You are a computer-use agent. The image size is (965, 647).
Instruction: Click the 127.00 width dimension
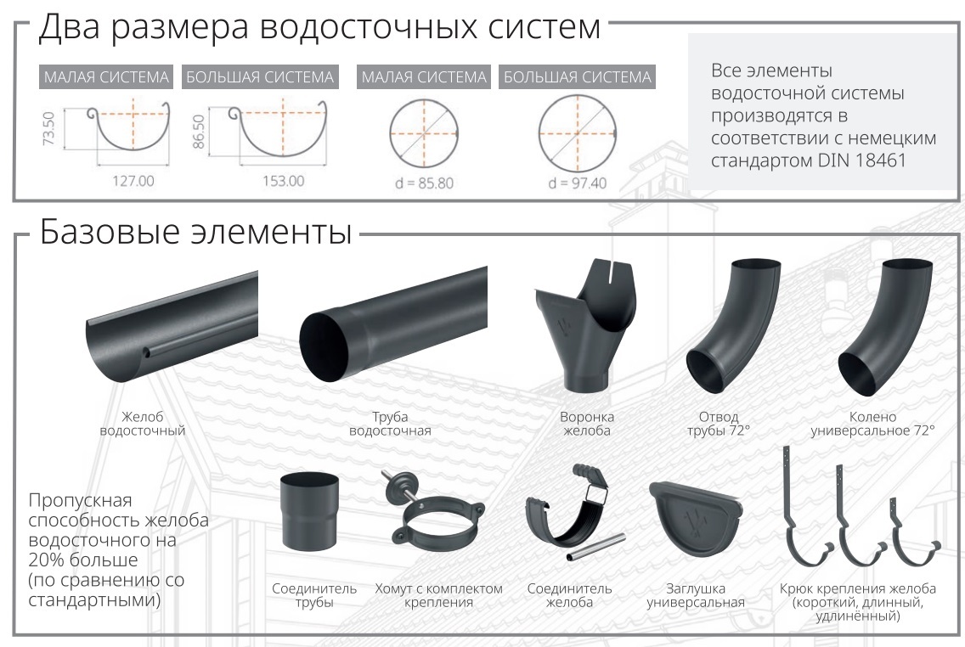133,181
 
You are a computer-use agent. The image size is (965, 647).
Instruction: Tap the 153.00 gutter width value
283,181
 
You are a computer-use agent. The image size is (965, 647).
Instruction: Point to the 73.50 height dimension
49,128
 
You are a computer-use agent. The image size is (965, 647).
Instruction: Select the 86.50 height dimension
198,131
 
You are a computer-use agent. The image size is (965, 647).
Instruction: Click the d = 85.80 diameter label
424,183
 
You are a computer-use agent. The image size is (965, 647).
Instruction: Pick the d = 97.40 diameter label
578,183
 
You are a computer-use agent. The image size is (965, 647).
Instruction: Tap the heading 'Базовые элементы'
195,232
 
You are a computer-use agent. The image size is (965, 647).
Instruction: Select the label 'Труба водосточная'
390,424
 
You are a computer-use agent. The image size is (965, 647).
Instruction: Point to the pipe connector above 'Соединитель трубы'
309,512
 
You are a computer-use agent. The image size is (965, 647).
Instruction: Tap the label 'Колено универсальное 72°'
872,424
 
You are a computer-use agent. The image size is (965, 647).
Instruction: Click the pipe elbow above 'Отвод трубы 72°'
732,326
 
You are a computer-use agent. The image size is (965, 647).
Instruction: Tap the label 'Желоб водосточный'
142,424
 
